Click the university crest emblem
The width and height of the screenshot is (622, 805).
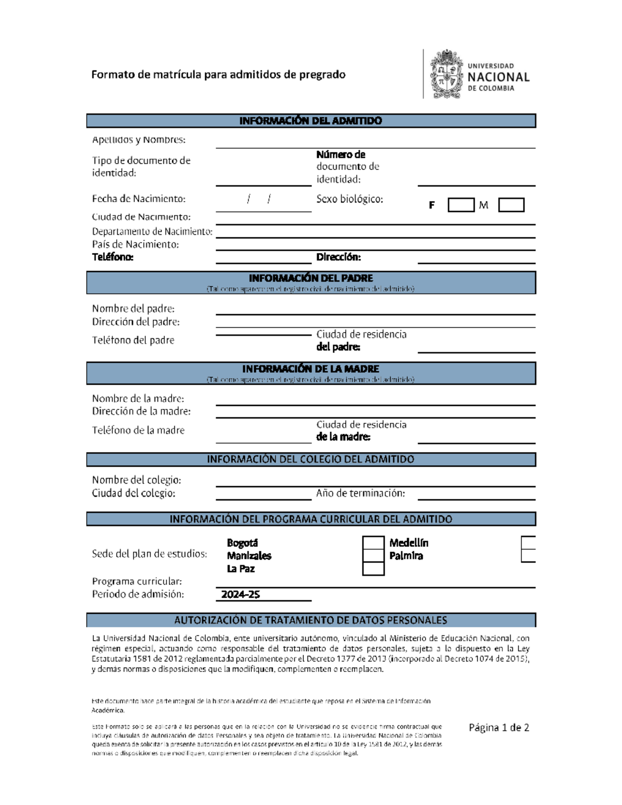click(446, 74)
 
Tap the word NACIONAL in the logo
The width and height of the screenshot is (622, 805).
click(498, 77)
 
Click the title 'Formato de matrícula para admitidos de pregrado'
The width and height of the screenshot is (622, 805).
click(218, 75)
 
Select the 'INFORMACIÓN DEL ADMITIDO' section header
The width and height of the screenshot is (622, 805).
click(310, 121)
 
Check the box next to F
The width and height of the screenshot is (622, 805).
click(461, 205)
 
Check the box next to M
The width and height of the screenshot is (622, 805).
click(511, 205)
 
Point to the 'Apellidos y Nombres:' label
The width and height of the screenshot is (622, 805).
click(138, 140)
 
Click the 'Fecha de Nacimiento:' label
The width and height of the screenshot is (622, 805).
click(138, 199)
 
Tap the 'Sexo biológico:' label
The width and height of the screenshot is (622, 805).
click(349, 199)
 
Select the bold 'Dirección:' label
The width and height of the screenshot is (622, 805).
click(338, 257)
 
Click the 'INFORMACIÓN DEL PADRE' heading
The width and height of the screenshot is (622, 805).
click(310, 278)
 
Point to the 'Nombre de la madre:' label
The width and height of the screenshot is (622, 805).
click(138, 399)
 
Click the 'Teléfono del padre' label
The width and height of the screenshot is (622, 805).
click(133, 341)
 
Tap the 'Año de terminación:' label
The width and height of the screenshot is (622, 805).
click(360, 493)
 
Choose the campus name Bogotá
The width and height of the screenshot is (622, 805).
click(242, 543)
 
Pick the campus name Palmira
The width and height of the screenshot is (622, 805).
click(406, 556)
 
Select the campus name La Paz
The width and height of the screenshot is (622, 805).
click(241, 569)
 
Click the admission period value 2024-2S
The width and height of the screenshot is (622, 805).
click(241, 595)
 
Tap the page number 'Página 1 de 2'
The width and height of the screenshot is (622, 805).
click(499, 728)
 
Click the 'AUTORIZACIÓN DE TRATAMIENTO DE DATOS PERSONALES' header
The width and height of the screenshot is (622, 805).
click(310, 620)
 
